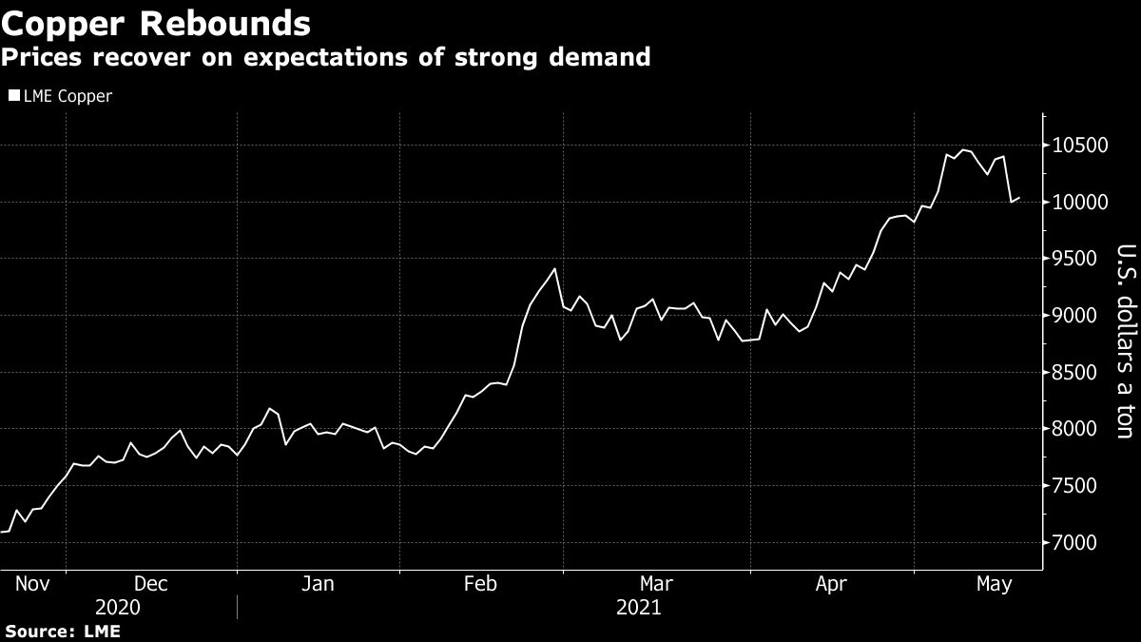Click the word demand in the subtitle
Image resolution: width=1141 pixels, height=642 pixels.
tap(596, 57)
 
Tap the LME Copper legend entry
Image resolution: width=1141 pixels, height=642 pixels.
tap(66, 96)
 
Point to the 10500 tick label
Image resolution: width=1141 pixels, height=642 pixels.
tap(1081, 146)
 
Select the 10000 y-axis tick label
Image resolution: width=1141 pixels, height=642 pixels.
tap(1081, 203)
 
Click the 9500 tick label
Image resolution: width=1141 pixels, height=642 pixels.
tap(1081, 260)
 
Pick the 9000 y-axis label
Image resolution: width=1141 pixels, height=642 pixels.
tap(1081, 316)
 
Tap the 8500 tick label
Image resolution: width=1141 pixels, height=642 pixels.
tap(1081, 373)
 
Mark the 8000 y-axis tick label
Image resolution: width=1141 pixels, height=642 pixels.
tap(1081, 430)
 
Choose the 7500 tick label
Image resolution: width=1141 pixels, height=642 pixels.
tap(1081, 486)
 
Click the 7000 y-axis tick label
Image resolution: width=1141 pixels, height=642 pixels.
tap(1081, 543)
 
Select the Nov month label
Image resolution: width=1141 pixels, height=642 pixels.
tap(32, 584)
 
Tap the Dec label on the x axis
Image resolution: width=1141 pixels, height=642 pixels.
tap(151, 584)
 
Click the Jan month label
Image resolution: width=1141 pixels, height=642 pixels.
tap(317, 584)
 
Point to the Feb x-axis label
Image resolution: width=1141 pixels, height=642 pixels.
tap(480, 584)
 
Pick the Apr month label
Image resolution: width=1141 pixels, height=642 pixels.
tap(832, 584)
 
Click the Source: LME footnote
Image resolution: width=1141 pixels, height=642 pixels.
tap(63, 632)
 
